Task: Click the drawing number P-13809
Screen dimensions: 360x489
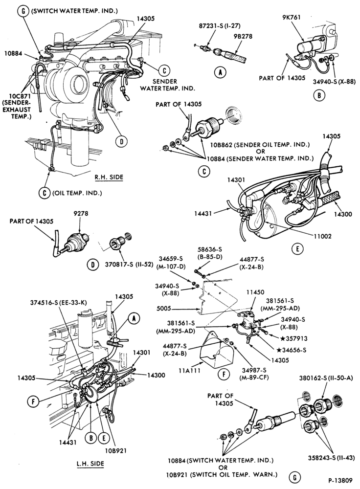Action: [340, 481]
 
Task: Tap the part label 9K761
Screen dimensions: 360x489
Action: [292, 17]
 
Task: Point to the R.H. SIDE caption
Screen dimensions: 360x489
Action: [109, 177]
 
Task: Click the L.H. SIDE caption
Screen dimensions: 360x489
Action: [90, 464]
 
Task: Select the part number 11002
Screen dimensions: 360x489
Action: [322, 236]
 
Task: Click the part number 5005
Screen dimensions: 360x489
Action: [164, 309]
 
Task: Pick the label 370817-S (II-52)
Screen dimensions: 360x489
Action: [129, 265]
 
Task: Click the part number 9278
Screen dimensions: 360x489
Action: [81, 214]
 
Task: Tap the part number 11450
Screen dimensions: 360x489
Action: [255, 292]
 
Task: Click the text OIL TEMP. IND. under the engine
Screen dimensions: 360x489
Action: [77, 193]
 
